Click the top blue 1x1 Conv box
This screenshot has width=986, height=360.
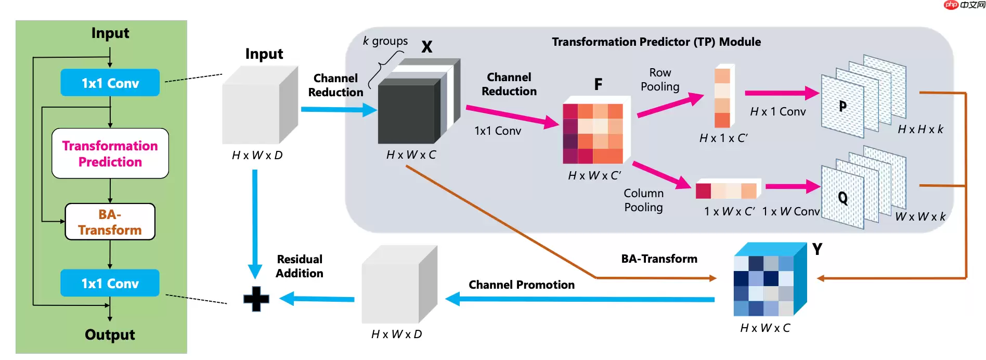point(110,83)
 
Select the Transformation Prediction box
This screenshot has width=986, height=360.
point(110,153)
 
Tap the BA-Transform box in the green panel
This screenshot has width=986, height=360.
point(110,222)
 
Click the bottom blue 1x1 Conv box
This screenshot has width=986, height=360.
point(110,283)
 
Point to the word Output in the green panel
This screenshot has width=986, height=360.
point(110,335)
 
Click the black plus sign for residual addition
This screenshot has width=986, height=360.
point(256,299)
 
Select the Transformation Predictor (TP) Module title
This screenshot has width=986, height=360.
point(656,42)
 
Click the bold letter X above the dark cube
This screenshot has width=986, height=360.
point(427,47)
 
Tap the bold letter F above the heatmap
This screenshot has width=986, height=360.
point(598,84)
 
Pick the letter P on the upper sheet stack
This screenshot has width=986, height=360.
point(842,107)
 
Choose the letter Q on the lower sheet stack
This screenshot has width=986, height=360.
point(842,198)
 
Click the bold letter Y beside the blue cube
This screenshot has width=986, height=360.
point(817,249)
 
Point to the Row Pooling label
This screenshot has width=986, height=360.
point(660,80)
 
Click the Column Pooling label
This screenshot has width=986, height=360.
point(644,200)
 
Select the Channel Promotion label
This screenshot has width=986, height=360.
point(522,285)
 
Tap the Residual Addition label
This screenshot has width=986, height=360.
point(300,266)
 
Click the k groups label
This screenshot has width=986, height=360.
point(385,41)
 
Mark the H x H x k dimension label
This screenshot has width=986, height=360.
point(920,129)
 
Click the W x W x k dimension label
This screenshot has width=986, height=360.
point(920,216)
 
